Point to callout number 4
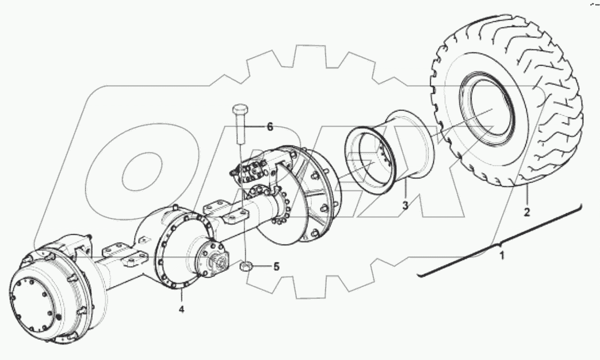[181, 310]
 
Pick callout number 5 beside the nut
[276, 267]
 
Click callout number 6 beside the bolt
[269, 127]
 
